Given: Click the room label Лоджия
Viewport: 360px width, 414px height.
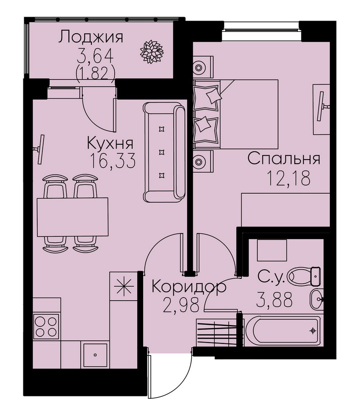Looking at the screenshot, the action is [x=90, y=37].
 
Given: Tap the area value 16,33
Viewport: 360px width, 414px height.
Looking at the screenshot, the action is [x=112, y=161].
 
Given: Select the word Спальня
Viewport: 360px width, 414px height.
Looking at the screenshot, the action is [x=284, y=159].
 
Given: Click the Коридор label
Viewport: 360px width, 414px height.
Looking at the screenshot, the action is [x=189, y=287].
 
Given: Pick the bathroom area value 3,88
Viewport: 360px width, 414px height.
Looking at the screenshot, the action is [x=274, y=300].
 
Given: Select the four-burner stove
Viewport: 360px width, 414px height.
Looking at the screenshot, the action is [x=46, y=327].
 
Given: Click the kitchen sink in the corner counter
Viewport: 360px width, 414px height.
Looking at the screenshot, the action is [x=95, y=355].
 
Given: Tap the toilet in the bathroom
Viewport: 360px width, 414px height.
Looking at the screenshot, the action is [x=304, y=276].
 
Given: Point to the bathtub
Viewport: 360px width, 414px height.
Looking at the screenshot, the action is [x=283, y=331].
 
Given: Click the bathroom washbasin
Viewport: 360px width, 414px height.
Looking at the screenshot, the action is [x=317, y=299].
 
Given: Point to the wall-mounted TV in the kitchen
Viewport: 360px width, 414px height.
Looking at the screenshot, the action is [x=40, y=149].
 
